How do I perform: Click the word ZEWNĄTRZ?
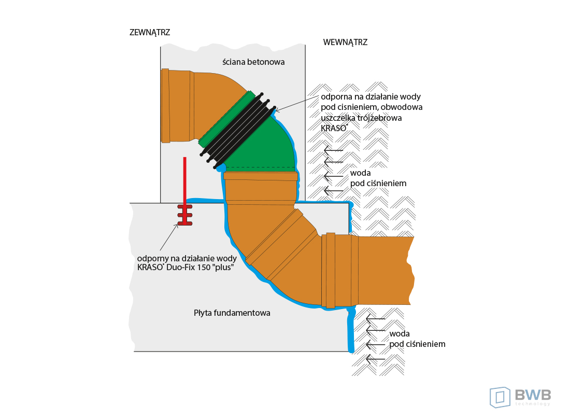(x=149, y=32)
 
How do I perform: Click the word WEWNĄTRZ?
(x=345, y=43)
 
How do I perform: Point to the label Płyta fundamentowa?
(x=232, y=313)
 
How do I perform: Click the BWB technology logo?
(x=520, y=397)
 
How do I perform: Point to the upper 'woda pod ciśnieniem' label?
(x=377, y=178)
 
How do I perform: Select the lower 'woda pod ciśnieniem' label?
(x=417, y=339)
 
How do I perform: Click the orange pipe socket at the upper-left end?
(x=166, y=105)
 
